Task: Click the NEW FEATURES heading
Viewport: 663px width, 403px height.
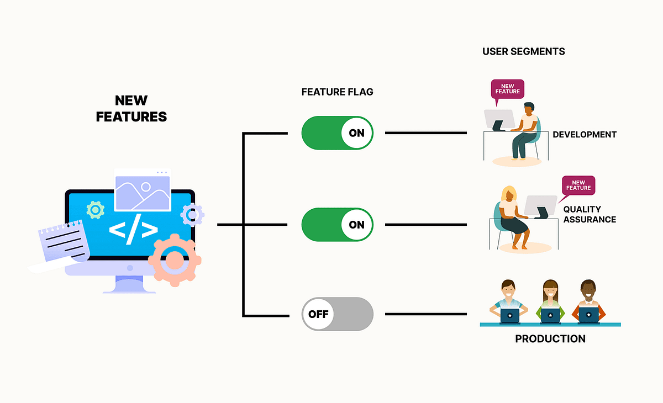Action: click(131, 108)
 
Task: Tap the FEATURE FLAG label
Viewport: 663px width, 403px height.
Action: click(337, 92)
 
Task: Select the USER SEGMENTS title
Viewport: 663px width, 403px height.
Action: click(523, 51)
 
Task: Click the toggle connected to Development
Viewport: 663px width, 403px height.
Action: click(337, 133)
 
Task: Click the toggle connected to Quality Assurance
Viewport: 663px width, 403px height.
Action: click(337, 225)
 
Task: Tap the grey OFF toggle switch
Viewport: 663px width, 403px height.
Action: click(337, 314)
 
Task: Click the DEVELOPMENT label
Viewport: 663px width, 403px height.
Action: click(585, 135)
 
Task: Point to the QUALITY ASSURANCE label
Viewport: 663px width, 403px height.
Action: click(589, 214)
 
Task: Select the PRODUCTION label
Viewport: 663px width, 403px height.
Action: click(550, 339)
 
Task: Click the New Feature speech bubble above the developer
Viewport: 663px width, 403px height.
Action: click(507, 88)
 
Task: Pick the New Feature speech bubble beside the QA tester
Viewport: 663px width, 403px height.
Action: click(578, 185)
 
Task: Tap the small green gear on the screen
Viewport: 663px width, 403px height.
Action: click(96, 210)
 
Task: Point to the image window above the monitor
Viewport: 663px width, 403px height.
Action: click(143, 190)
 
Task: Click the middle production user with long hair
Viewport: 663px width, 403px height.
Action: click(550, 301)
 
